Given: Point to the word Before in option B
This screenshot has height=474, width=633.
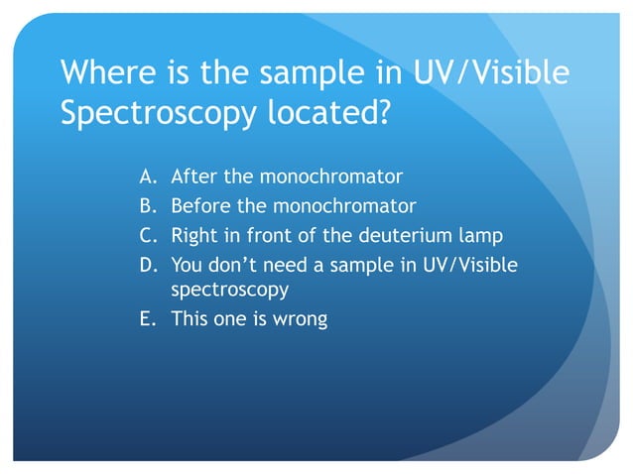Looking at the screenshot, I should point(201,207).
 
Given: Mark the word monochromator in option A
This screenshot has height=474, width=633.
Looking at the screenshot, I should point(330,178).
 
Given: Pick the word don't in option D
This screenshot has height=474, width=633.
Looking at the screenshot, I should point(233,265).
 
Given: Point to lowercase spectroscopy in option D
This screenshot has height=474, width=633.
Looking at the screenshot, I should point(230,292).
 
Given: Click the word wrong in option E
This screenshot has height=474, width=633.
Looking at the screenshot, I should point(301,320).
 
